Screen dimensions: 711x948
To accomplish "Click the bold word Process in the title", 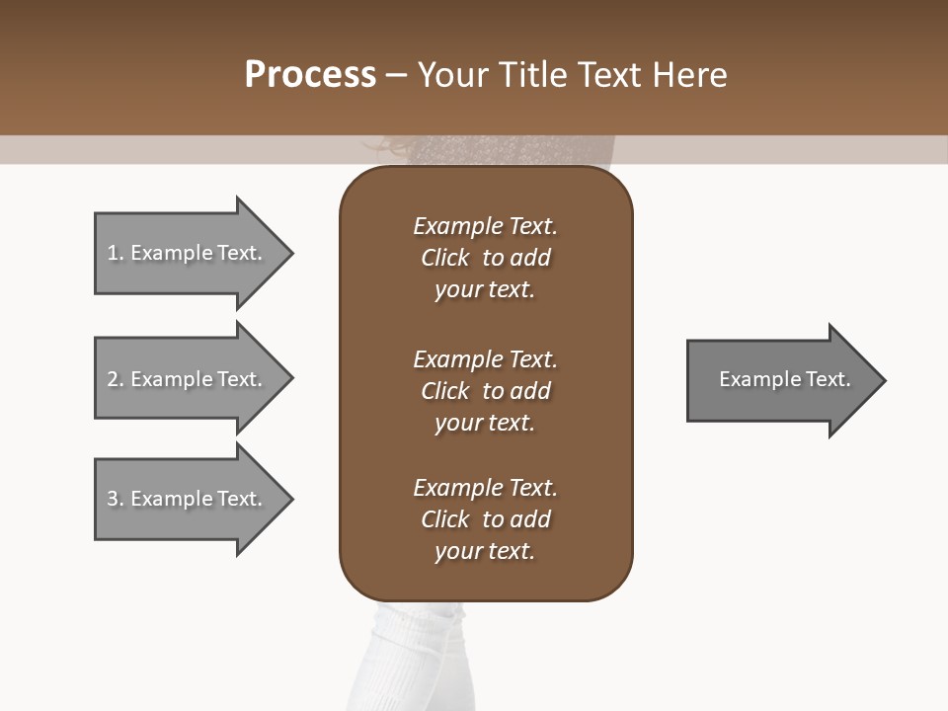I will click(310, 75).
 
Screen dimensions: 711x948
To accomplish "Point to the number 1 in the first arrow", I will click(113, 253).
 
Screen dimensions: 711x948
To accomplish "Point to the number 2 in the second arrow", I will click(113, 379).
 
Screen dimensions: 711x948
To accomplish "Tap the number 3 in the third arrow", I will click(113, 499).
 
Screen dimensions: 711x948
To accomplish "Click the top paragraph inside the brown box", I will click(485, 258).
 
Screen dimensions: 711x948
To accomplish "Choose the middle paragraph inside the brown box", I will click(485, 391).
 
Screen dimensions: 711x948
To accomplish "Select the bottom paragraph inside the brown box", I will click(485, 519).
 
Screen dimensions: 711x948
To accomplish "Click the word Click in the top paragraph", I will click(444, 258).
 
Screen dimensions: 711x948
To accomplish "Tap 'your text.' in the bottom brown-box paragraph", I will click(485, 551).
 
